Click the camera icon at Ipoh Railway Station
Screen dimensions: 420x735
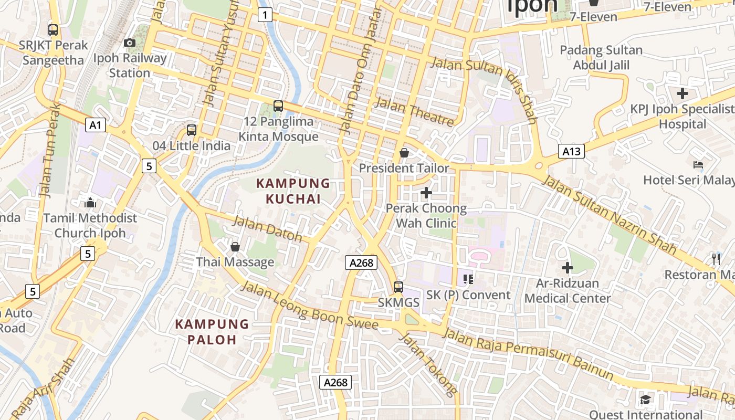point(130,43)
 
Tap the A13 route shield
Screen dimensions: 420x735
point(571,152)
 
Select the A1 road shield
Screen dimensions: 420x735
point(95,125)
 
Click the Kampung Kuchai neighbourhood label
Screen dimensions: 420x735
point(293,191)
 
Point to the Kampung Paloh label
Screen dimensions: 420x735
point(212,331)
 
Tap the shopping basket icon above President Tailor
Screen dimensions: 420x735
point(404,153)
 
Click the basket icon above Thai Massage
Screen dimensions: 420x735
point(235,246)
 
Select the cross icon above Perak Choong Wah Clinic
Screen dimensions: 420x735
point(426,193)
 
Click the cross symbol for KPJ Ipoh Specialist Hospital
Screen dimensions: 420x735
point(682,94)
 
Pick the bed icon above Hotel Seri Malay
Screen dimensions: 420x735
point(698,165)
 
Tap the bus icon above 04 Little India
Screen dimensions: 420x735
point(192,130)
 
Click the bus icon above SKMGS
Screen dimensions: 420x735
point(398,287)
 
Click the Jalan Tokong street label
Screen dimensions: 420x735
point(428,364)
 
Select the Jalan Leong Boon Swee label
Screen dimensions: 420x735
point(309,307)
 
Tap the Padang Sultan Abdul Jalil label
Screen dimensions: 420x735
point(601,58)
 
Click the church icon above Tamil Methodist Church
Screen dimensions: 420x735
point(90,203)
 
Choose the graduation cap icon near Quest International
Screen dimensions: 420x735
point(645,400)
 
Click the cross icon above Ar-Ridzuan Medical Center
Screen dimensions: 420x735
point(567,268)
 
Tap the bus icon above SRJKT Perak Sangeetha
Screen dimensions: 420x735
point(52,29)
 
